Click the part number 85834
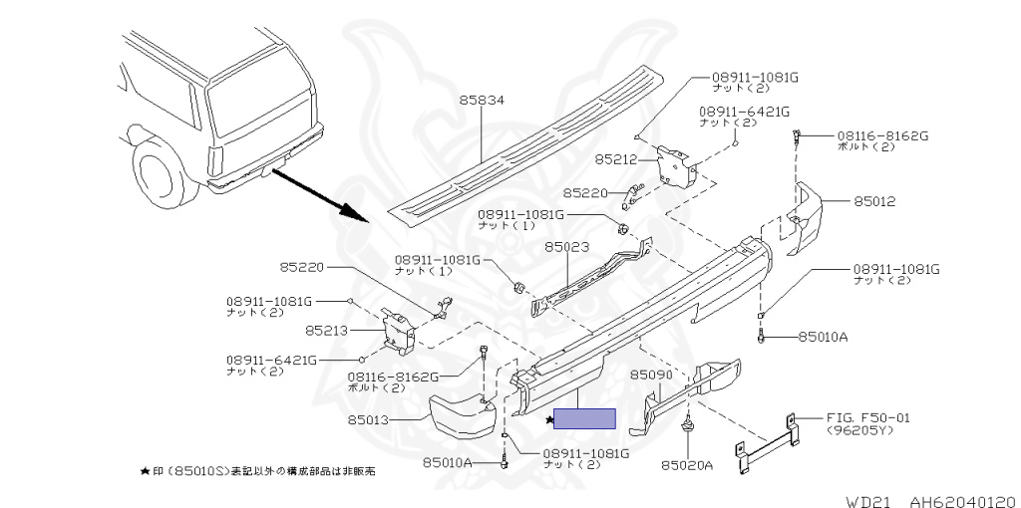(x=483, y=101)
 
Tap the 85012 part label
(x=874, y=201)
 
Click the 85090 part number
(x=653, y=375)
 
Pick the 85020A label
(x=687, y=464)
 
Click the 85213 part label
(x=329, y=329)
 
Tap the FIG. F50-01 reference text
(x=867, y=418)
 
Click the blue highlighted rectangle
(x=584, y=419)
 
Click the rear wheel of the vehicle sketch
(x=160, y=173)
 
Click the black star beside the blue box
(x=548, y=420)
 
